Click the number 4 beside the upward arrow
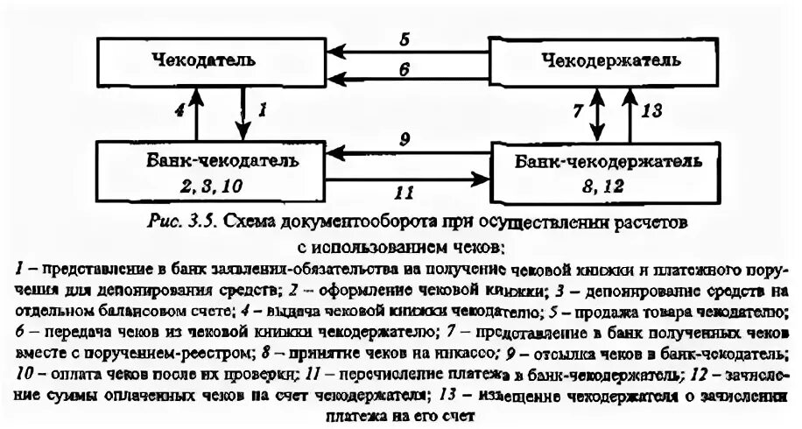pyautogui.click(x=180, y=111)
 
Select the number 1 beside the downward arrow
pyautogui.click(x=261, y=111)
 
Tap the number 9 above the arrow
pyautogui.click(x=404, y=139)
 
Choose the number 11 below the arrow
pyautogui.click(x=403, y=191)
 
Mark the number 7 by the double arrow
pyautogui.click(x=575, y=111)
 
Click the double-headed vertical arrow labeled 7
pyautogui.click(x=599, y=111)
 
